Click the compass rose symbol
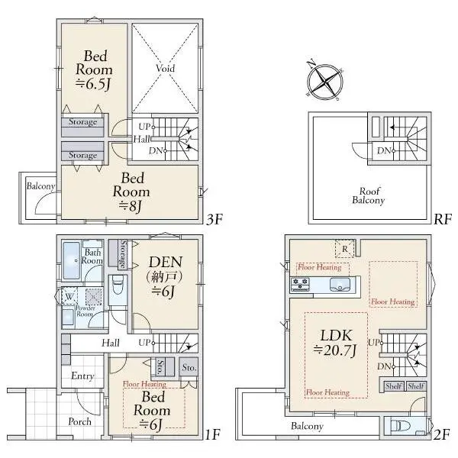coord(324,81)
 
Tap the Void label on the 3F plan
coord(165,69)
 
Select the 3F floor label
coord(214,219)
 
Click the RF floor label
coord(443,219)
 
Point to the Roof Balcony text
coord(369,195)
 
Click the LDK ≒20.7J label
coord(335,343)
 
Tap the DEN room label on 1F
coord(166,276)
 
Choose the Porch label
coord(79,421)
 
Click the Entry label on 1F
coord(82,376)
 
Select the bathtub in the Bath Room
coord(71,260)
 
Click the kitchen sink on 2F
coord(340,285)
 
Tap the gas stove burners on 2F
coord(300,284)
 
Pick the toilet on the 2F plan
coord(396,426)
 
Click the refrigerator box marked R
coord(345,249)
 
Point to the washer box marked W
coord(69,297)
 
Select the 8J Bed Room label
coord(131,192)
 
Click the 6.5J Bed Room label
coord(94,70)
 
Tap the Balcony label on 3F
coord(40,186)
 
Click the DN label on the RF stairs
coord(384,150)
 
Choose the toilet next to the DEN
coord(118,285)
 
